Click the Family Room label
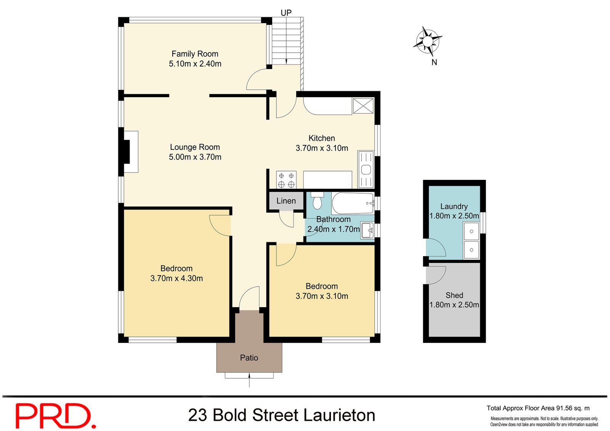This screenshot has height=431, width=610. [195, 54]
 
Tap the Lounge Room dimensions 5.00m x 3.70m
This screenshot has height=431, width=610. [195, 157]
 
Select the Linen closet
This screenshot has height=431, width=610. [286, 201]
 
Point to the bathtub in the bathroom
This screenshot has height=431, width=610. [353, 203]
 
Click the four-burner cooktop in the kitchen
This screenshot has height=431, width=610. [286, 180]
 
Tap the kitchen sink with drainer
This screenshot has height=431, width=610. [366, 169]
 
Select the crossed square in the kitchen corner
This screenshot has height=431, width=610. [363, 106]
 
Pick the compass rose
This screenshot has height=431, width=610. [428, 40]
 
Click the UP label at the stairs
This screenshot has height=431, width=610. [286, 13]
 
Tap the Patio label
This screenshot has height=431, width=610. [249, 357]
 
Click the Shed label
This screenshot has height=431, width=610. [454, 295]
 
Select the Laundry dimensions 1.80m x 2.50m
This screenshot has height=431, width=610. [454, 216]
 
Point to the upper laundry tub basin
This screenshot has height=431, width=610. [471, 231]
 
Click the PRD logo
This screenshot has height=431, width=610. [55, 416]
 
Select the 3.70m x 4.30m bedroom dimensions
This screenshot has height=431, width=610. [177, 279]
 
